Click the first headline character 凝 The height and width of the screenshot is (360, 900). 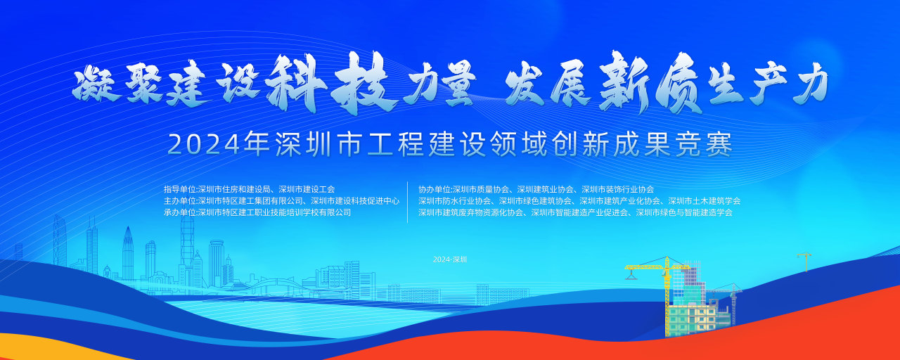click(x=96, y=84)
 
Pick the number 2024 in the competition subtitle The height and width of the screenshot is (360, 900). click(x=203, y=145)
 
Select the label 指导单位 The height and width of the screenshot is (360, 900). click(x=179, y=189)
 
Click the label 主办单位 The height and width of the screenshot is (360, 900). click(x=179, y=201)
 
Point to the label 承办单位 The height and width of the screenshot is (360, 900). click(x=179, y=212)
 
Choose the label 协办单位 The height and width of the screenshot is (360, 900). click(x=435, y=189)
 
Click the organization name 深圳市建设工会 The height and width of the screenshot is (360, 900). click(x=307, y=189)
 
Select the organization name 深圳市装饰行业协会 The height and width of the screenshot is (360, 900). click(x=617, y=189)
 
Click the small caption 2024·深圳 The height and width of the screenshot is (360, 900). click(x=450, y=259)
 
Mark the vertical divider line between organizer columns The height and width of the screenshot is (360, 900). click(x=407, y=202)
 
